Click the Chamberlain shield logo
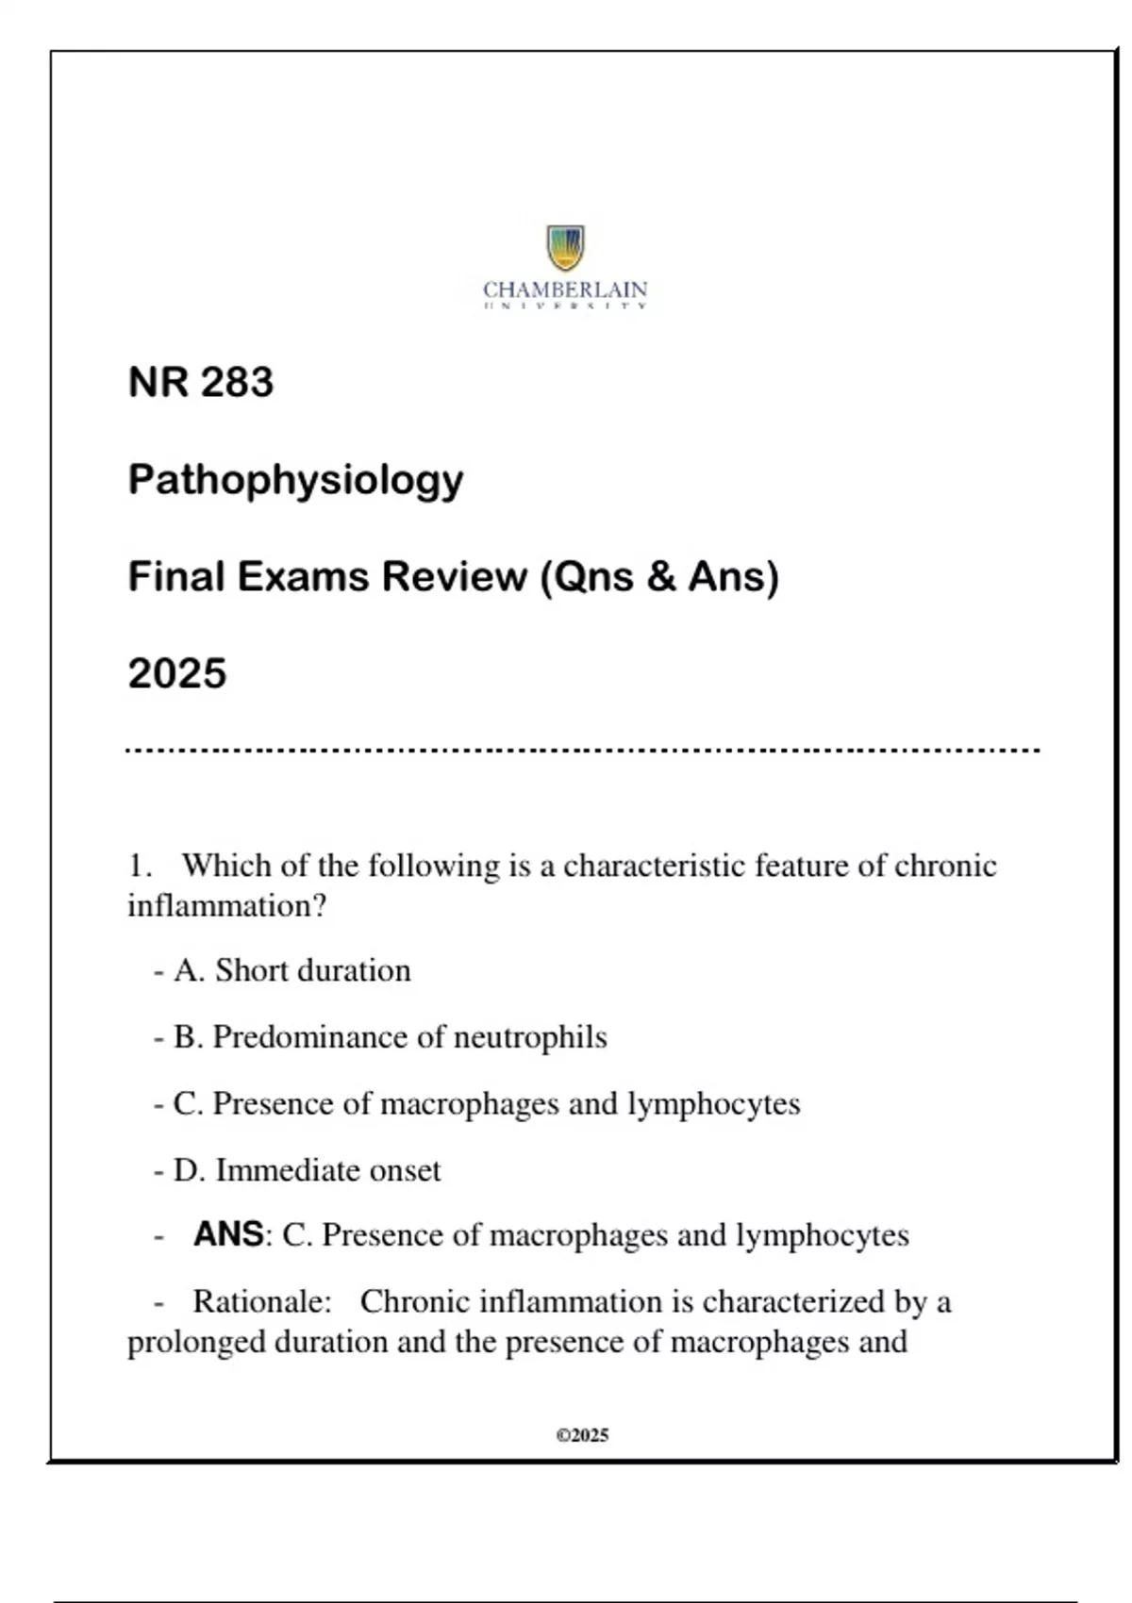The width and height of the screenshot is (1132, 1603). click(565, 247)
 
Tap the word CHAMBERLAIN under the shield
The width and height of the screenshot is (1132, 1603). click(565, 289)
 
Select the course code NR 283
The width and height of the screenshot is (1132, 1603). click(201, 382)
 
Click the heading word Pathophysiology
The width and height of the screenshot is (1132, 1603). click(295, 480)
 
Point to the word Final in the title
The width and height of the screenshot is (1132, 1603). click(176, 576)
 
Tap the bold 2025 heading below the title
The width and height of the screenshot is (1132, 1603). click(177, 673)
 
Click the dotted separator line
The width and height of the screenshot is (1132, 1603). click(583, 751)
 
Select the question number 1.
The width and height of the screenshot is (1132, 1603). click(139, 866)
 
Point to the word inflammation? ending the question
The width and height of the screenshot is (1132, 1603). click(226, 906)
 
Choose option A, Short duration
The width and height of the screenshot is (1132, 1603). click(292, 970)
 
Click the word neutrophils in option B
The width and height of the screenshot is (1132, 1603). click(530, 1037)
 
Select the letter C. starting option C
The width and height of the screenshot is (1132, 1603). click(188, 1103)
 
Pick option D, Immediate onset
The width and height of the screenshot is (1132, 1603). click(307, 1170)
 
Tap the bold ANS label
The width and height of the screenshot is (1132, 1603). click(228, 1234)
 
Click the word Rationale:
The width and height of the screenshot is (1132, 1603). click(262, 1302)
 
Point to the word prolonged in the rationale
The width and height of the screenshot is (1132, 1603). click(196, 1342)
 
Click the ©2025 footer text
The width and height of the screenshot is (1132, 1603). click(582, 1435)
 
